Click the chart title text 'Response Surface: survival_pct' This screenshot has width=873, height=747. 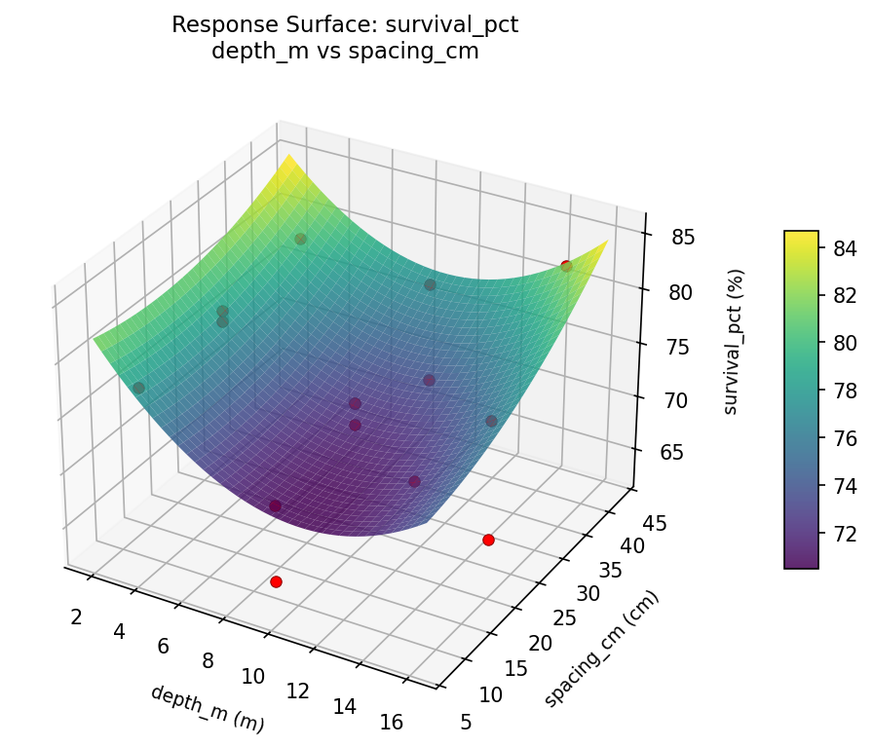[345, 25]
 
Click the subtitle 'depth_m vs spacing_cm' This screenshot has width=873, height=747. [345, 52]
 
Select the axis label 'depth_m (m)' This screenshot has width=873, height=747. [207, 708]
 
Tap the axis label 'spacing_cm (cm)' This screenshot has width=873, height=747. [601, 649]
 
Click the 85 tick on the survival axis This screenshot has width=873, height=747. [668, 238]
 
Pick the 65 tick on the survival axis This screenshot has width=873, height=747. [668, 452]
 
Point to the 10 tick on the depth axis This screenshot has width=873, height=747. [253, 675]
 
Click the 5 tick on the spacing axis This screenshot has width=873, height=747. [467, 721]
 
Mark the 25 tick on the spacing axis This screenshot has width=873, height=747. [563, 618]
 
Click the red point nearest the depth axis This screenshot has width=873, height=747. [276, 581]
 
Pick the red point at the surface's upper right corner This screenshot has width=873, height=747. [566, 266]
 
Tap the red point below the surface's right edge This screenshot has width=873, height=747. [488, 540]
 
